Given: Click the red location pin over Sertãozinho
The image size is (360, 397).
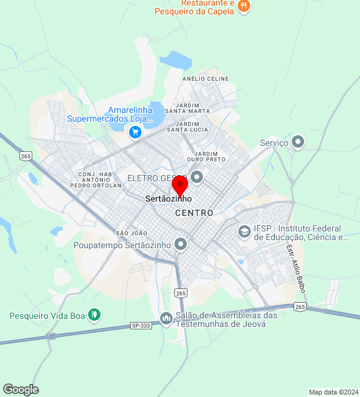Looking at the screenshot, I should coord(180,185).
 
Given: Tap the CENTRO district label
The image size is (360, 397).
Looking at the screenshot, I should coord(194,213).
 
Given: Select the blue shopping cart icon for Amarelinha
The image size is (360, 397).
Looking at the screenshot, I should coord(135,132).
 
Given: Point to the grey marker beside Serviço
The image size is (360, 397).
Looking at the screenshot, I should coord(299,142).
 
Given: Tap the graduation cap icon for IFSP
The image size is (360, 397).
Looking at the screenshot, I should coord(245,232).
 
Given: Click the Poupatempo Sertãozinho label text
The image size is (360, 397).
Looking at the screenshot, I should coord(122,245).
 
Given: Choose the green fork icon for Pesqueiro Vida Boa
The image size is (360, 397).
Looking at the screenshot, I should coord(94,315).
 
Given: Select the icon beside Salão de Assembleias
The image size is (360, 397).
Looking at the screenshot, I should coord(166,319).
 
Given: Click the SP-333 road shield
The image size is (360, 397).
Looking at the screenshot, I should coord(141,325).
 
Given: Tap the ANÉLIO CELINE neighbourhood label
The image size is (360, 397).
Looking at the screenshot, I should coord(205,79).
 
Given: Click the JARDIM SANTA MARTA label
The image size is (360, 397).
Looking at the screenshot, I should coord(192,109).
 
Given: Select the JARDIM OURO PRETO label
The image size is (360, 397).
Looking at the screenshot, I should coord(210,156).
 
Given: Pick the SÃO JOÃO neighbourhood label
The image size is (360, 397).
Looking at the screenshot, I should coord(131,233).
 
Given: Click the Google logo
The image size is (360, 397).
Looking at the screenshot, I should coord(20,390).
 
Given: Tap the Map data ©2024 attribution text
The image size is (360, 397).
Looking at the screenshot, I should coord(333,392).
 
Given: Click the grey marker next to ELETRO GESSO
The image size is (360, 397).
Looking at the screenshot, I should coord(197,178).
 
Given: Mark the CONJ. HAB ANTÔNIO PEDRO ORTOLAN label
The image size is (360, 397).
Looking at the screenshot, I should coord(96,180).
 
